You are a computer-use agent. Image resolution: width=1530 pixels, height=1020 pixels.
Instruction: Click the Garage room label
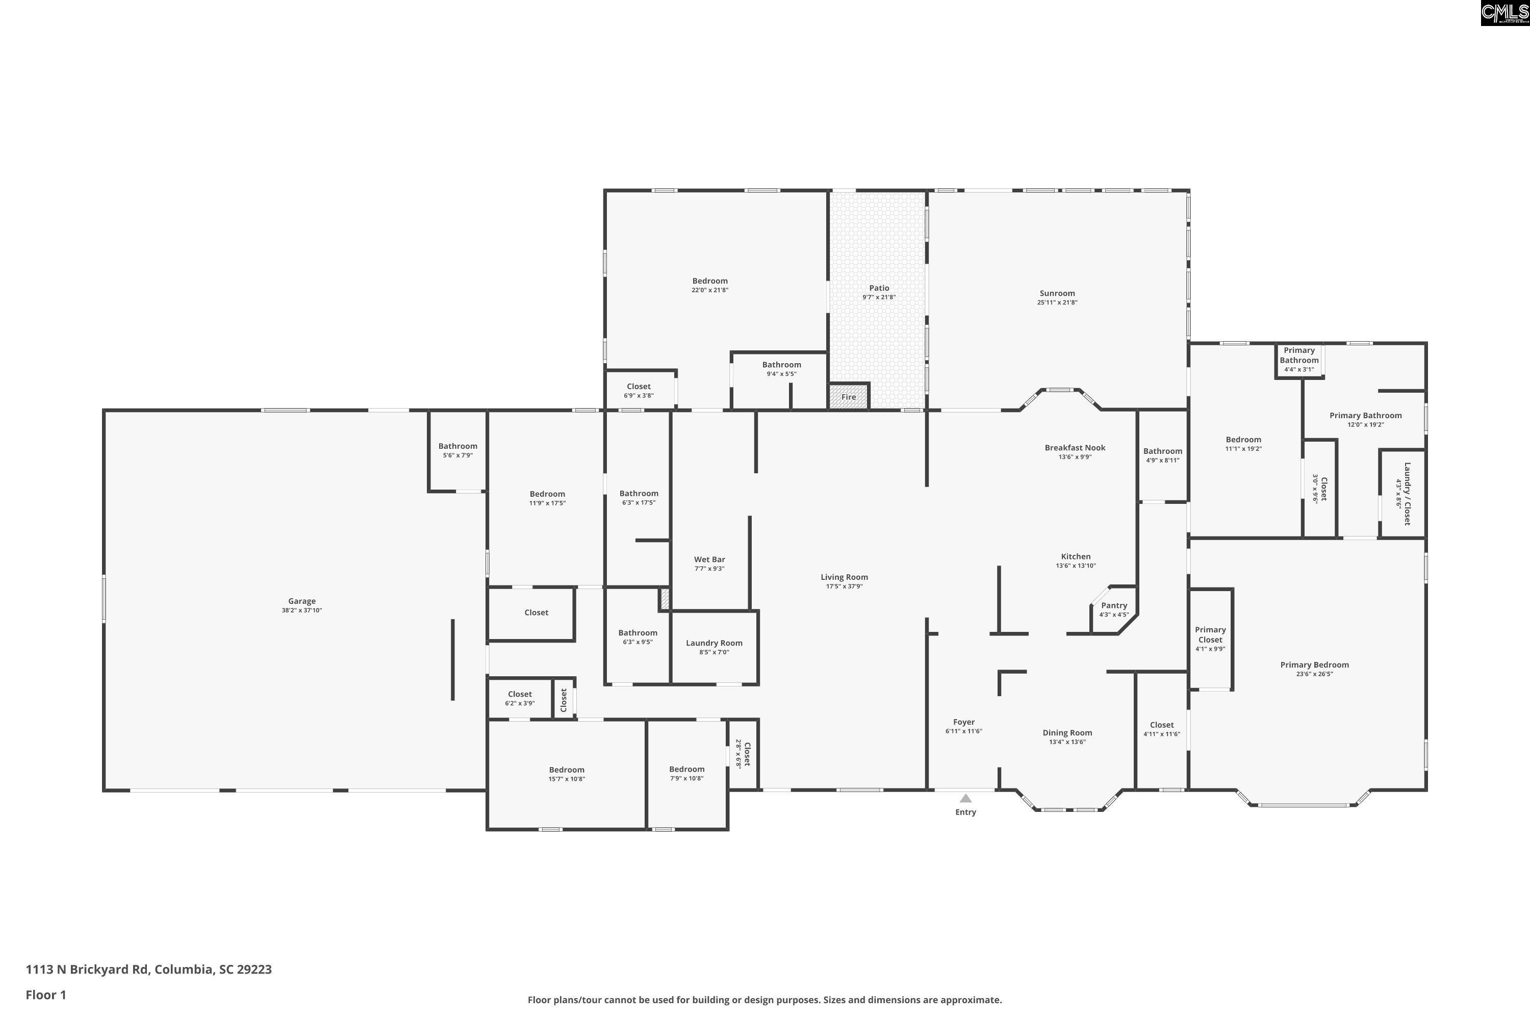(302, 601)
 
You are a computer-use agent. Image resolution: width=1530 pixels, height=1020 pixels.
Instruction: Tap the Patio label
(879, 288)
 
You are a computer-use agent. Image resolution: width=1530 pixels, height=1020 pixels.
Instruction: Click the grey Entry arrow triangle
(965, 798)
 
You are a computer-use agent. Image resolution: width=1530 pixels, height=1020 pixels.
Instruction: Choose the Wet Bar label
(709, 559)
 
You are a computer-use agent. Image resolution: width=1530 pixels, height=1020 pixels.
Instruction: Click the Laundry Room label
(715, 643)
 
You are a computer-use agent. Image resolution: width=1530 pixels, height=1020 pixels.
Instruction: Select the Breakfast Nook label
(1075, 448)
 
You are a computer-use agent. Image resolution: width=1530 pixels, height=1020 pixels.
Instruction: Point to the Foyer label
(964, 722)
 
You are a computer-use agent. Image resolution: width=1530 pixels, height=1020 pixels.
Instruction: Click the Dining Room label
(1067, 732)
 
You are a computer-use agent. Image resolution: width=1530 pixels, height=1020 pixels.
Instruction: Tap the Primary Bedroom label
(1315, 665)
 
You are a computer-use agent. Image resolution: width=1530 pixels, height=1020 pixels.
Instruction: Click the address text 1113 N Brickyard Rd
(87, 970)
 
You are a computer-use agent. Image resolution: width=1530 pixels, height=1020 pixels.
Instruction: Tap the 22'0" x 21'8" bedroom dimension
(710, 290)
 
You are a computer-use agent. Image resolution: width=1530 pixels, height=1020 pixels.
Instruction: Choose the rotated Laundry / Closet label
(1403, 494)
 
